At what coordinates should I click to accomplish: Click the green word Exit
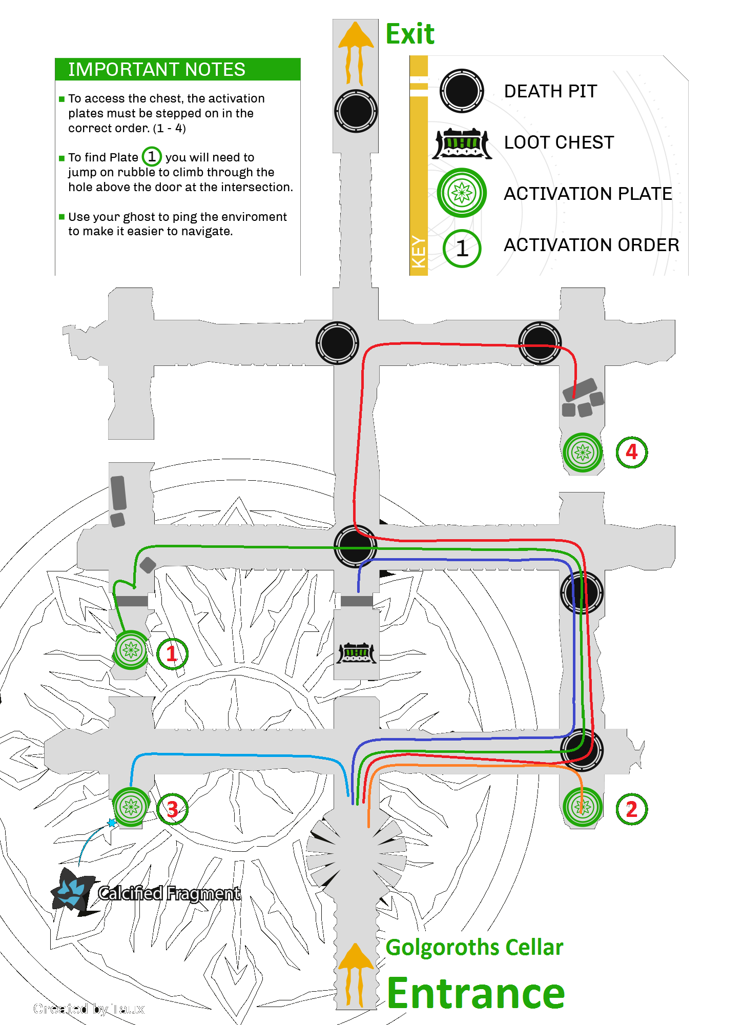[410, 34]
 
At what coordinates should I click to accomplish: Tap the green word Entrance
[476, 993]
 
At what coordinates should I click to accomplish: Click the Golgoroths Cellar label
[474, 948]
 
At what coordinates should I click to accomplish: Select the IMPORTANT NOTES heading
[157, 69]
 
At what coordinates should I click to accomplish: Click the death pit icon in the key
[462, 91]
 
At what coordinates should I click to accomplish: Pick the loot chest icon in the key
[462, 143]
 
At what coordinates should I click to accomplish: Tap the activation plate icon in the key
[462, 193]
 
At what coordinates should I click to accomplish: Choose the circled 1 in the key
[462, 249]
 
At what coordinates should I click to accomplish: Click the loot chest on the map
[357, 653]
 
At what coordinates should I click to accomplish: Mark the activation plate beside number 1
[131, 650]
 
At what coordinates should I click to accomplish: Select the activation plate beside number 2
[582, 807]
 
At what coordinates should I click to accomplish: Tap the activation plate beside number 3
[131, 807]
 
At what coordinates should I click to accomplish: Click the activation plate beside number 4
[582, 453]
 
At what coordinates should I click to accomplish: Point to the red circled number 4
[631, 452]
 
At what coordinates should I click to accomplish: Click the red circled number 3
[172, 809]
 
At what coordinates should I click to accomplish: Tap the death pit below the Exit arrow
[356, 111]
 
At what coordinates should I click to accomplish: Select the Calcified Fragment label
[169, 893]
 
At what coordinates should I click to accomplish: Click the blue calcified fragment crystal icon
[72, 892]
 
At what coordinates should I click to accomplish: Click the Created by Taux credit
[89, 1009]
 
